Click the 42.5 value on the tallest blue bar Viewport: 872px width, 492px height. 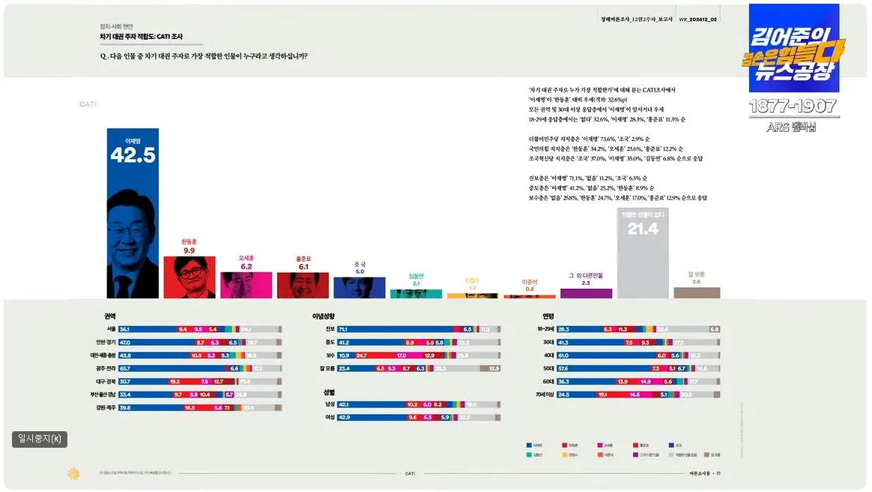click(132, 154)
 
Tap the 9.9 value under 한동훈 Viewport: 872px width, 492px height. click(189, 250)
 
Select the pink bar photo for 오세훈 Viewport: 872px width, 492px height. click(246, 286)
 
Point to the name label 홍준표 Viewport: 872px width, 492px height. click(303, 259)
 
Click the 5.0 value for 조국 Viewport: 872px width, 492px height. click(360, 271)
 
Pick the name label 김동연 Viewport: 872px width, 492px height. click(416, 276)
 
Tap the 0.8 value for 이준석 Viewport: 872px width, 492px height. click(530, 289)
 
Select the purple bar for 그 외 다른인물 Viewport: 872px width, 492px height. click(586, 293)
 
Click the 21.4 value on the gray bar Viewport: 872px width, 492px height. click(642, 229)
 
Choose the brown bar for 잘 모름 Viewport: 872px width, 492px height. click(696, 292)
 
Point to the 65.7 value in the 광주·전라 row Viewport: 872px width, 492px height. click(125, 368)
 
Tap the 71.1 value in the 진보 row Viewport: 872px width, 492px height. click(343, 329)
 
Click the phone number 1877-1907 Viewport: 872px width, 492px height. click(794, 107)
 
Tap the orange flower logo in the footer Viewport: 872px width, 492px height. click(73, 473)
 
